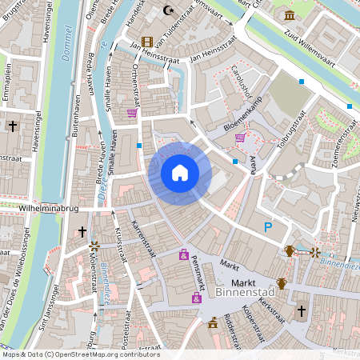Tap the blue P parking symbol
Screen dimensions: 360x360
[268, 228]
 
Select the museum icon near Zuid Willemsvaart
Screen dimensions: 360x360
[288, 16]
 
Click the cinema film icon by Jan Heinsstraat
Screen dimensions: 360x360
[146, 42]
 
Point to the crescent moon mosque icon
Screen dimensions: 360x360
[168, 10]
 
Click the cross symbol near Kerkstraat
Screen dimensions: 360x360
[302, 310]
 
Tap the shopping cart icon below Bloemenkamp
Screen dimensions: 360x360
[240, 138]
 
